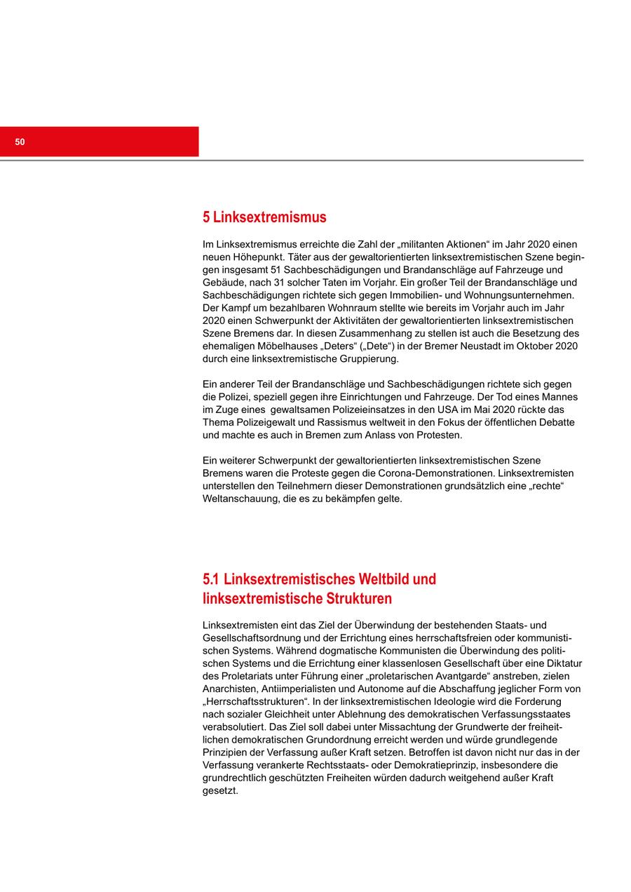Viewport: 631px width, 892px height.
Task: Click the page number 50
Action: click(20, 142)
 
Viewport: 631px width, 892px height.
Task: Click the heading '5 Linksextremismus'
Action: click(264, 217)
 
